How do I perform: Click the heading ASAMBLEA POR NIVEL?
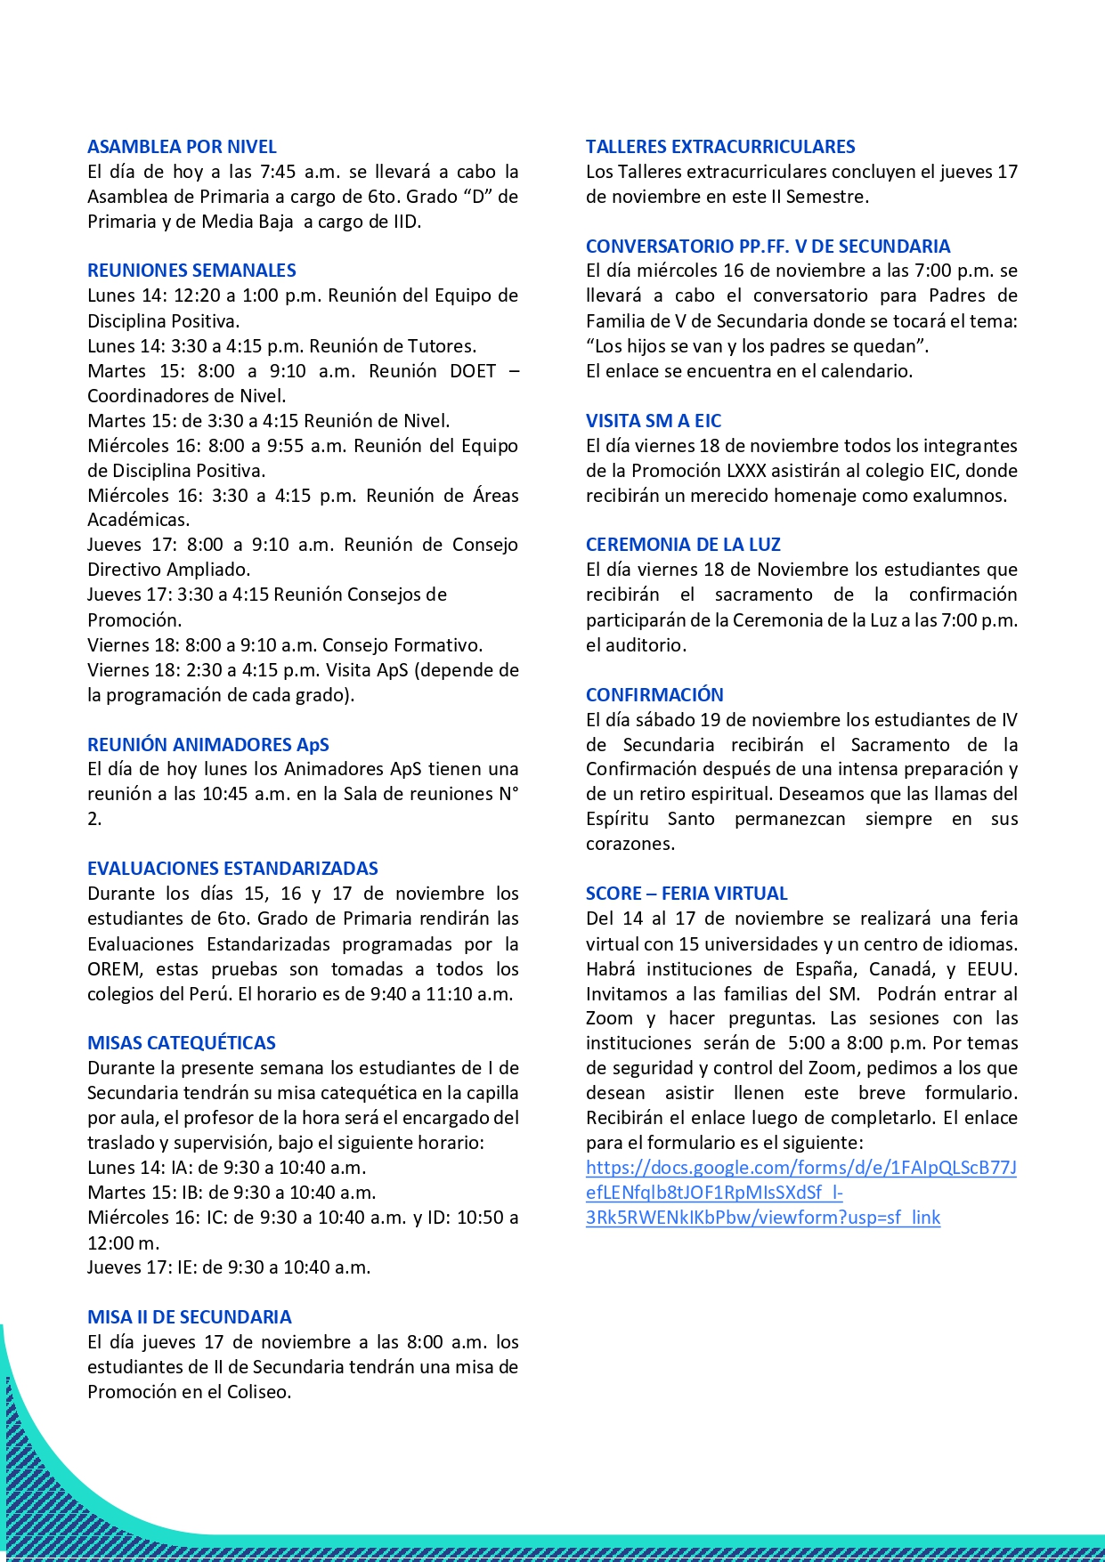click(x=182, y=147)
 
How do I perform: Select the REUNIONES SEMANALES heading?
click(x=191, y=271)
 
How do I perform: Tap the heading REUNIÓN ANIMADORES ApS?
click(x=207, y=745)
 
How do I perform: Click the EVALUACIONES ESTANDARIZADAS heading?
click(x=232, y=869)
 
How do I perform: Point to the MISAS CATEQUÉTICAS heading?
click(x=182, y=1043)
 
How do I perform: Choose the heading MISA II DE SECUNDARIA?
click(x=189, y=1317)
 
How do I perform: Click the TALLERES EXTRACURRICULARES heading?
click(x=720, y=147)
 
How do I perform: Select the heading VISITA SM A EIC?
click(x=654, y=421)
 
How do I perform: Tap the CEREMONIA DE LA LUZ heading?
click(x=683, y=545)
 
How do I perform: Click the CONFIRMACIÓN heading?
click(x=654, y=695)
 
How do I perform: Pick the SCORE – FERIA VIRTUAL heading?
click(x=687, y=894)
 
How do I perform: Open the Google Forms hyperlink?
click(x=800, y=1193)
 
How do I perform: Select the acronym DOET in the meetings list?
click(x=473, y=371)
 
